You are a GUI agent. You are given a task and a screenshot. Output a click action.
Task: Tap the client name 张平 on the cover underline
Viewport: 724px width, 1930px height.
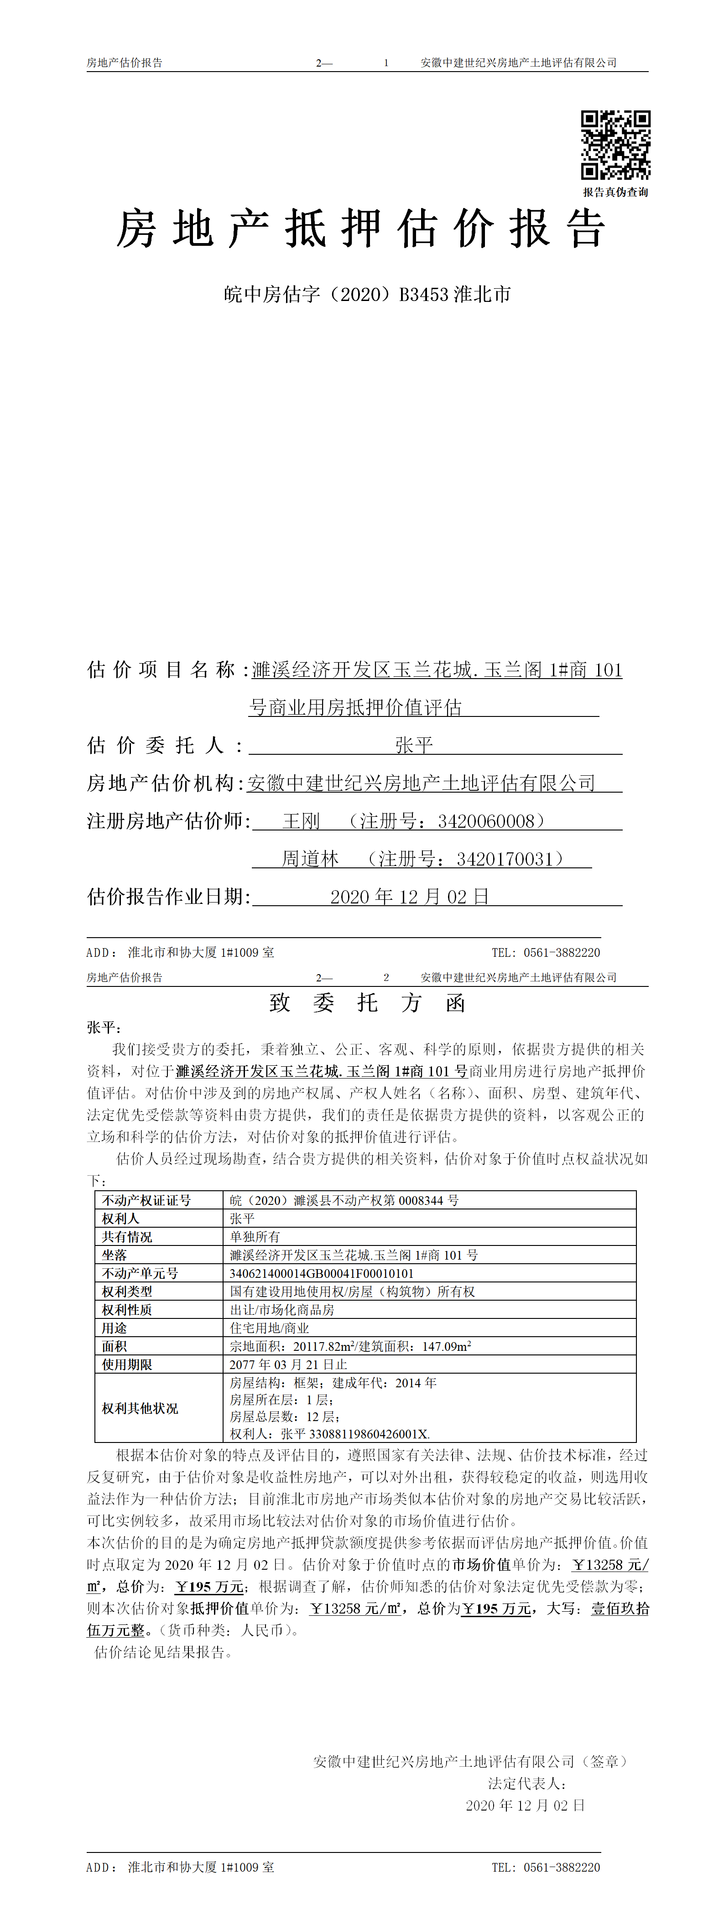pyautogui.click(x=414, y=746)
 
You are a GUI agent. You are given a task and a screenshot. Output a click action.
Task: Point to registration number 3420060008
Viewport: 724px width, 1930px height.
pyautogui.click(x=486, y=821)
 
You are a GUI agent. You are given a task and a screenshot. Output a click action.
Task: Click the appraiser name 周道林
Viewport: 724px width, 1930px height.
pyautogui.click(x=310, y=859)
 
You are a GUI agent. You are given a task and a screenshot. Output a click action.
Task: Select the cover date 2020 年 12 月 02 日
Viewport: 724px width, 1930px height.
pyautogui.click(x=409, y=897)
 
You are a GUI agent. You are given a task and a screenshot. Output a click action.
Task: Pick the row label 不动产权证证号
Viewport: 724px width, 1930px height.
pyautogui.click(x=147, y=1200)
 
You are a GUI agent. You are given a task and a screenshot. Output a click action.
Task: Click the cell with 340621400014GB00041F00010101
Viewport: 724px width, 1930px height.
pyautogui.click(x=322, y=1273)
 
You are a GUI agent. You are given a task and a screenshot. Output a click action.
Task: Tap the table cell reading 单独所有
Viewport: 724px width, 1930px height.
pyautogui.click(x=255, y=1236)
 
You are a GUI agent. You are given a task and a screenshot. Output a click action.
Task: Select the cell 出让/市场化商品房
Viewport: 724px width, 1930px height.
pyautogui.click(x=282, y=1310)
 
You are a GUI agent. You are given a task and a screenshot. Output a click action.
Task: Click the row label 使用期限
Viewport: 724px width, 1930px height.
pyautogui.click(x=127, y=1364)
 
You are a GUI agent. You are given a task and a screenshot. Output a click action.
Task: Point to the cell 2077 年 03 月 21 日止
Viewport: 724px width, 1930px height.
pyautogui.click(x=288, y=1364)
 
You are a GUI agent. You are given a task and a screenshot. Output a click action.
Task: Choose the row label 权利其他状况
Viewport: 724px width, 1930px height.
pyautogui.click(x=140, y=1408)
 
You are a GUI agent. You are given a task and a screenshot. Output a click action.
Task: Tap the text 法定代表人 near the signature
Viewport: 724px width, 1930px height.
pyautogui.click(x=527, y=1784)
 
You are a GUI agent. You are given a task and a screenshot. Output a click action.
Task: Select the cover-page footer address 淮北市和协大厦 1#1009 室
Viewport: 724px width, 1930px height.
pyautogui.click(x=201, y=952)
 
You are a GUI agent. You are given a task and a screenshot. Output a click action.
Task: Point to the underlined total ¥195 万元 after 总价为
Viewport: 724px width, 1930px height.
pyautogui.click(x=497, y=1608)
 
